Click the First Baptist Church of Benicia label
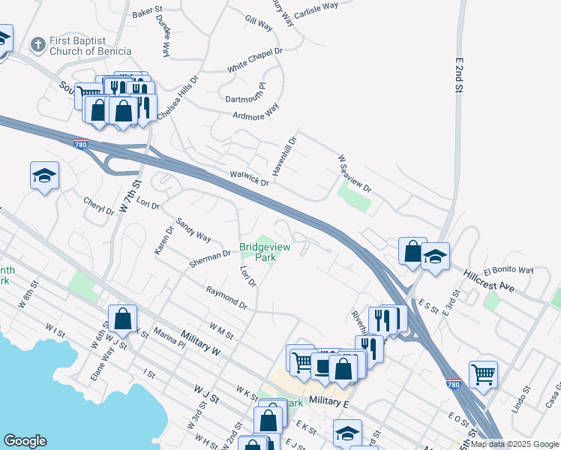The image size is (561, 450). coord(90,46)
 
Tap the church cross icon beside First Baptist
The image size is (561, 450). coord(38,45)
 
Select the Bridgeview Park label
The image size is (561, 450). coord(257,252)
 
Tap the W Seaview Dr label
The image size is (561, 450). coord(355,173)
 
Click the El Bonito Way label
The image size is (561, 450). coord(508,270)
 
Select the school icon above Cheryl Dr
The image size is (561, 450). coord(44,176)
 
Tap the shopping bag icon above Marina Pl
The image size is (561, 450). coord(123,318)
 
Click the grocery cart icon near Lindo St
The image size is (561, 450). coord(483,373)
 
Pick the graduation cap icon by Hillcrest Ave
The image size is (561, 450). coord(434,256)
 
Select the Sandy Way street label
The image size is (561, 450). coord(193,230)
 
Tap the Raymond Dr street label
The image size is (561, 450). coord(226,297)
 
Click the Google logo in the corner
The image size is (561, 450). coord(25,441)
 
